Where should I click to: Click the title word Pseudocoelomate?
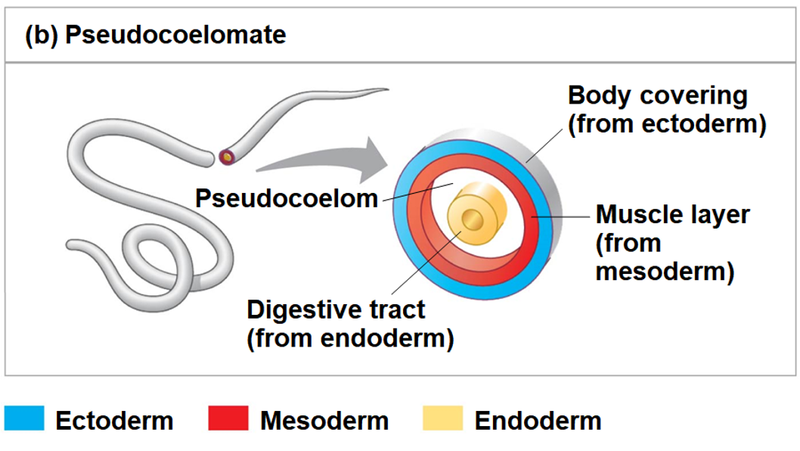[x=175, y=36]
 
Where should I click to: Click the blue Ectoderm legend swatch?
[x=24, y=418]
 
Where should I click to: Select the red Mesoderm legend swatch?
[x=228, y=418]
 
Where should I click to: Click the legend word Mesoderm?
[x=324, y=421]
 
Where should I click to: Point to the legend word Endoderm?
[x=538, y=421]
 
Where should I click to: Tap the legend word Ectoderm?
[x=114, y=421]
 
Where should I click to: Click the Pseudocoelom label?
[x=287, y=198]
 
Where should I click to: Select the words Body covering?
[x=657, y=96]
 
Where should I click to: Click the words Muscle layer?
[x=672, y=214]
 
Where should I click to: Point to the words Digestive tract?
[x=336, y=309]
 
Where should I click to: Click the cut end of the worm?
[x=227, y=157]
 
